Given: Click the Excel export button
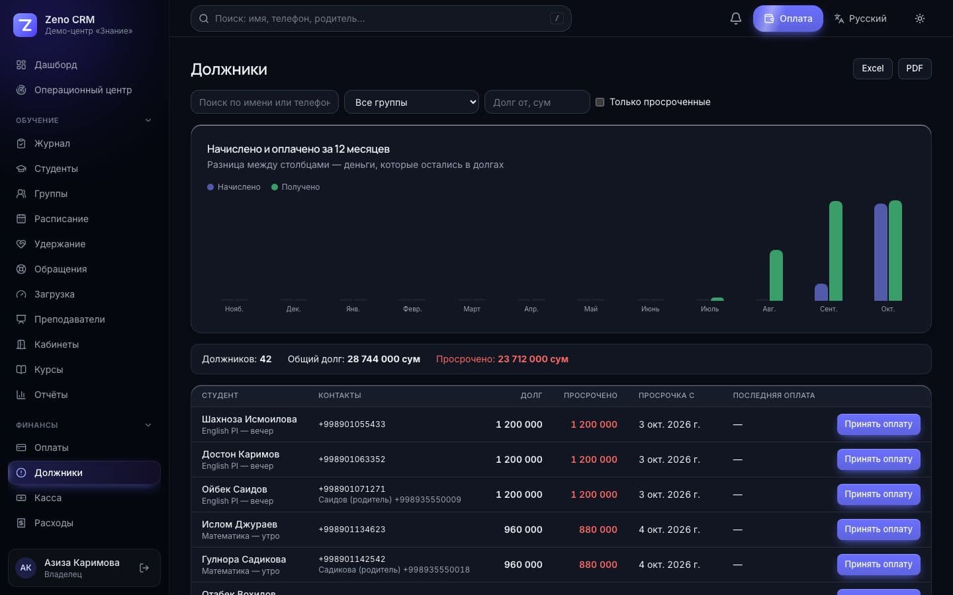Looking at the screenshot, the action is (x=872, y=69).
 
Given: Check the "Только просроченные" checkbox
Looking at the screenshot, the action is (x=600, y=102).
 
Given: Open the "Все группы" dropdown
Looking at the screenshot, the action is (x=411, y=102).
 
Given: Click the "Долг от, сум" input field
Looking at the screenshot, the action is (x=537, y=102).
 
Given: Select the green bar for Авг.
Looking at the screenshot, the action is (x=776, y=276).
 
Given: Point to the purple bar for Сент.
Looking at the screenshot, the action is (x=821, y=292).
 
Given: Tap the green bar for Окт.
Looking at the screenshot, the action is (x=895, y=251).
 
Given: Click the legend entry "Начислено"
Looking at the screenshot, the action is (x=234, y=187).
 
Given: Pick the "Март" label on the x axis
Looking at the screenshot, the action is (x=471, y=309).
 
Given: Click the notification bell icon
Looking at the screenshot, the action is (x=736, y=19).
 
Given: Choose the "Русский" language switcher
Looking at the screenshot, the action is (x=860, y=19).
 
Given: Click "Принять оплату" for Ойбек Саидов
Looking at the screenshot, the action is (x=879, y=495).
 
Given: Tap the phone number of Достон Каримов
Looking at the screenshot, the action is (x=352, y=459).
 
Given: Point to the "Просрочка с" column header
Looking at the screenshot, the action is (x=666, y=395).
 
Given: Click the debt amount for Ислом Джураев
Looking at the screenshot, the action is (x=523, y=530).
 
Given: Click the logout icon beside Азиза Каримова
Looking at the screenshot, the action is (x=144, y=568).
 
